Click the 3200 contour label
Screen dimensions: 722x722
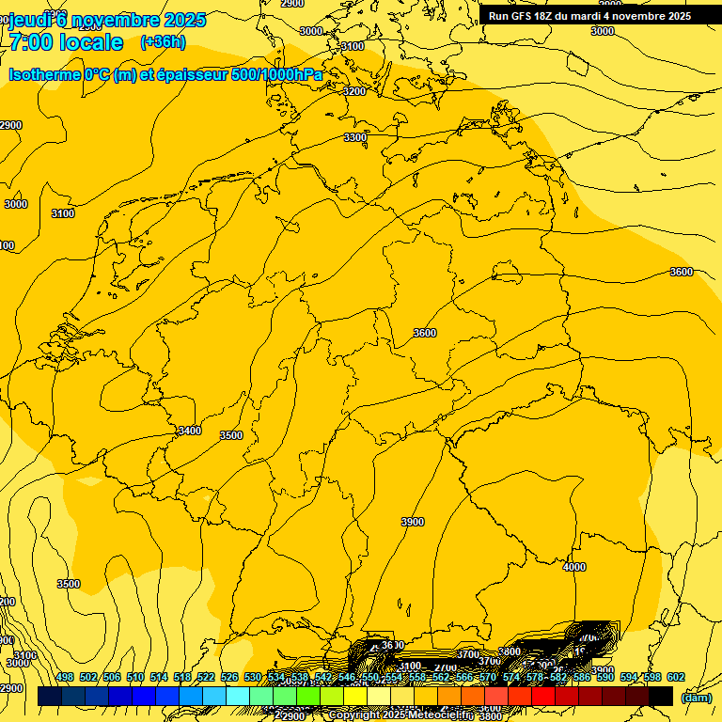[x=354, y=91]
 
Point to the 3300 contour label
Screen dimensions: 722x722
[x=355, y=137]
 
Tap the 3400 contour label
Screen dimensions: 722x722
[x=189, y=431]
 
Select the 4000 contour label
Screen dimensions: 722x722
[x=573, y=567]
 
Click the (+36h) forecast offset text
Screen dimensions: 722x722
[x=163, y=41]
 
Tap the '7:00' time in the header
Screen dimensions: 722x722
[x=35, y=42]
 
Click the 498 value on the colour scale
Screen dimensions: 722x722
[x=65, y=678]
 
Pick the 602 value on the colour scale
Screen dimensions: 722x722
[x=676, y=678]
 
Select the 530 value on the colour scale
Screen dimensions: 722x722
[x=253, y=678]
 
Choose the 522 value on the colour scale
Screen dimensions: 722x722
[x=206, y=678]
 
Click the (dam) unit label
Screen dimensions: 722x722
[x=697, y=698]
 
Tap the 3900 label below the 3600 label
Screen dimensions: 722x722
[x=412, y=522]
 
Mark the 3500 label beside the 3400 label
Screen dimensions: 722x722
[x=230, y=435]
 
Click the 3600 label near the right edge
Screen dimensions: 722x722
[x=681, y=272]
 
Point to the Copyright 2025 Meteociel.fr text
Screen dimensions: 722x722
[x=400, y=715]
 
